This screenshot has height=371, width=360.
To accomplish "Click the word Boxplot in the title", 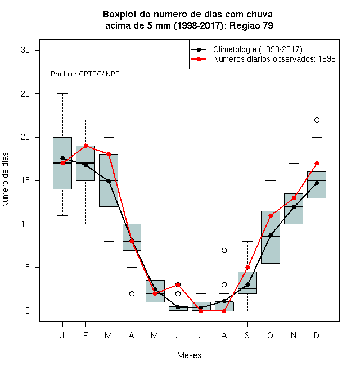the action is pyautogui.click(x=120, y=15).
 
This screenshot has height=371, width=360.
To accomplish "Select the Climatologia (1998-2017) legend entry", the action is pyautogui.click(x=246, y=49).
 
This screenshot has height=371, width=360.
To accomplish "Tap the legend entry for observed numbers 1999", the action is pyautogui.click(x=263, y=59).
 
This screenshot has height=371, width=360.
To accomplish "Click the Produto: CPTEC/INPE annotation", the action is pyautogui.click(x=85, y=74).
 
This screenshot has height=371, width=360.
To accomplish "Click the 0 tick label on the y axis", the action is pyautogui.click(x=28, y=311).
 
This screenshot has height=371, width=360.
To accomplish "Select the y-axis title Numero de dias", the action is pyautogui.click(x=5, y=180).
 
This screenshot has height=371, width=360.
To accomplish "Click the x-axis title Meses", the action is pyautogui.click(x=189, y=355).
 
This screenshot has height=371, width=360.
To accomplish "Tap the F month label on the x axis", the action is pyautogui.click(x=85, y=335).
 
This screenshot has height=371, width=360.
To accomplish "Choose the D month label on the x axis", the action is pyautogui.click(x=317, y=335).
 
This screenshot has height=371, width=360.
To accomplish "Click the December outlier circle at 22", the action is pyautogui.click(x=317, y=120).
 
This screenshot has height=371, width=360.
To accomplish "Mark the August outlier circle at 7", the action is pyautogui.click(x=224, y=250).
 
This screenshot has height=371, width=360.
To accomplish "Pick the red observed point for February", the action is pyautogui.click(x=85, y=146).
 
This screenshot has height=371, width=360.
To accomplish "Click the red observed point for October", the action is pyautogui.click(x=271, y=215).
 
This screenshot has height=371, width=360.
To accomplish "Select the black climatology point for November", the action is pyautogui.click(x=294, y=207).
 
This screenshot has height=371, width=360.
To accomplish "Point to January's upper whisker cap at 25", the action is pyautogui.click(x=62, y=94).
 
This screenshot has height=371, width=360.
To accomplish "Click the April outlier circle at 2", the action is pyautogui.click(x=132, y=293).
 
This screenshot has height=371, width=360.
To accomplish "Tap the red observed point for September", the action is pyautogui.click(x=247, y=268).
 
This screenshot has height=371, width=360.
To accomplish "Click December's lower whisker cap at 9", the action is pyautogui.click(x=317, y=233).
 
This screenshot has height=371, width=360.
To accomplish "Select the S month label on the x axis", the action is pyautogui.click(x=247, y=335).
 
